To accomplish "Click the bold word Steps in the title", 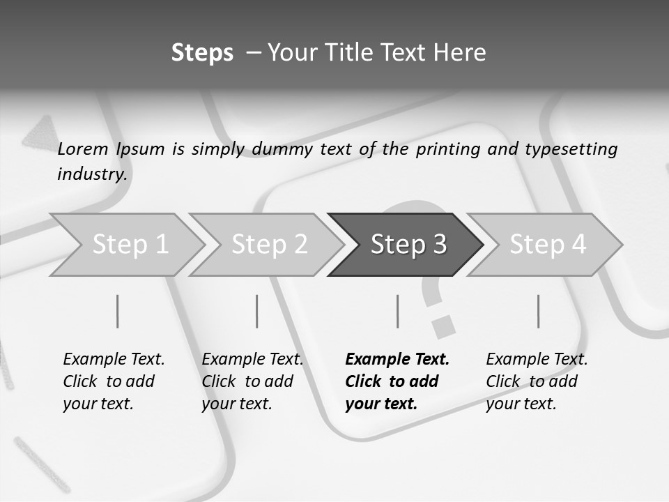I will [202, 53].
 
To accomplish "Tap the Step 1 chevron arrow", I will [130, 244].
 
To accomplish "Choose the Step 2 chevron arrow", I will [269, 244].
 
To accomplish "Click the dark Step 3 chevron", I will [408, 244].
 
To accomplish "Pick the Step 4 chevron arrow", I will [548, 244].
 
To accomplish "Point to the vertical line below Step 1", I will [118, 311].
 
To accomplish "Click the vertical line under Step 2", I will [257, 311].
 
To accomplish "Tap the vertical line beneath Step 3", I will [398, 311].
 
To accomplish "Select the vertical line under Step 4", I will [538, 311].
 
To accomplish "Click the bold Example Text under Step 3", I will [397, 360].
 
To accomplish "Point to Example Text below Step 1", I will [114, 360].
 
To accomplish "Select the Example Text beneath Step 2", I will [252, 360].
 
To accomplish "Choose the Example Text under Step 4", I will [537, 360].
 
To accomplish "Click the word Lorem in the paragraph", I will [83, 149].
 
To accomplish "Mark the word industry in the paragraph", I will [91, 174].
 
